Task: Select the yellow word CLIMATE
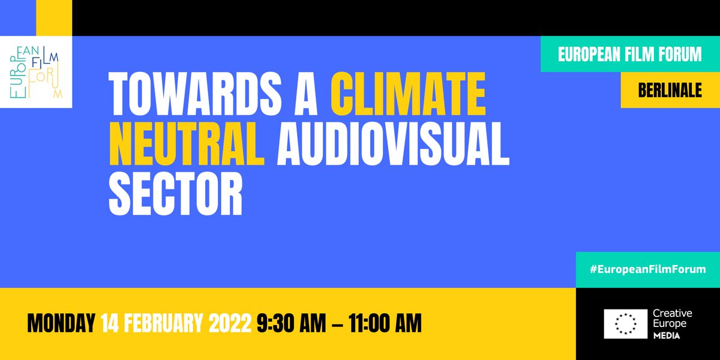(408, 94)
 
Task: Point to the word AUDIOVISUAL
(393, 145)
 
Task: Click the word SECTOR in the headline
(175, 195)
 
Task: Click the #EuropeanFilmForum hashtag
(647, 269)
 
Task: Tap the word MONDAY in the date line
(61, 324)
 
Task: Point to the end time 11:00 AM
(379, 324)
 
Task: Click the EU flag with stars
(625, 324)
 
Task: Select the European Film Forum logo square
(36, 72)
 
